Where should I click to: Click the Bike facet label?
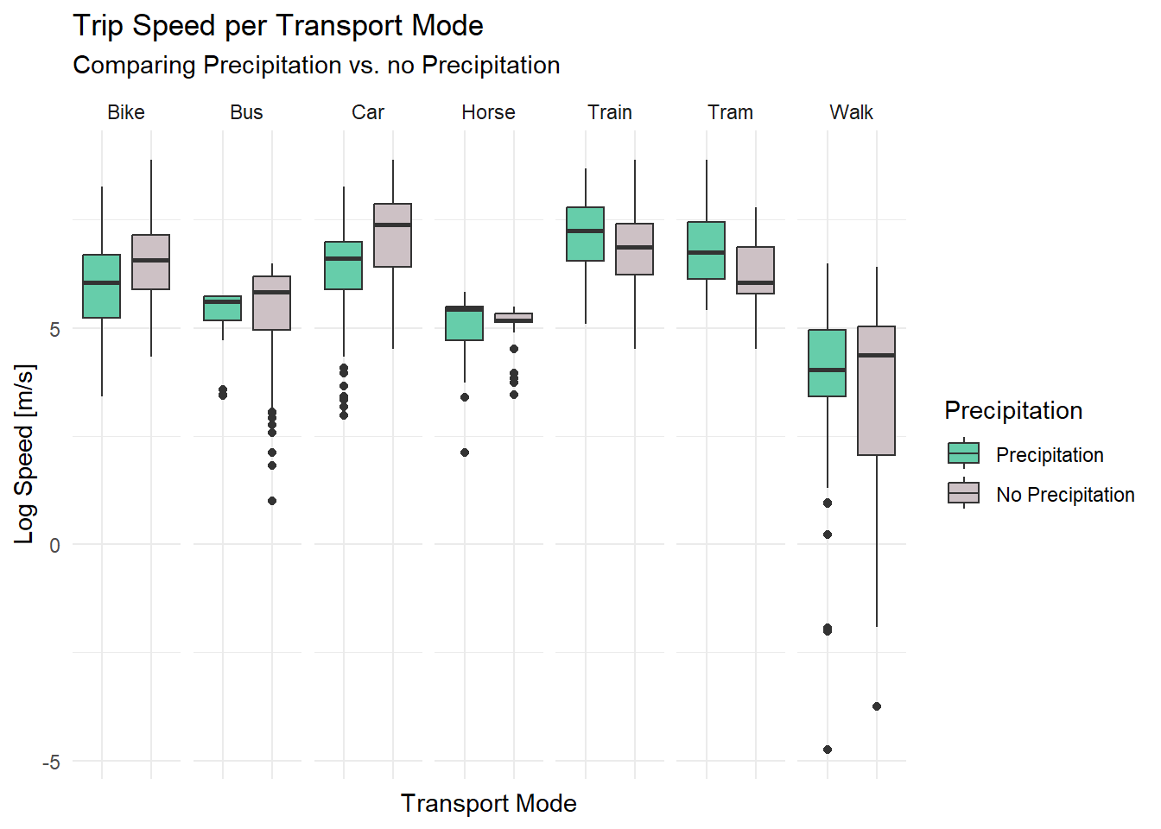pyautogui.click(x=126, y=112)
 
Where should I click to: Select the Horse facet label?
pyautogui.click(x=488, y=112)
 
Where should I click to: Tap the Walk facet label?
pyautogui.click(x=851, y=112)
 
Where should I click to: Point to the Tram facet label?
pyautogui.click(x=730, y=112)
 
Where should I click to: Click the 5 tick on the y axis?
pyautogui.click(x=54, y=329)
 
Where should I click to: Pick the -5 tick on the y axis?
pyautogui.click(x=51, y=762)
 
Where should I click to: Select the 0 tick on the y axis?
pyautogui.click(x=54, y=545)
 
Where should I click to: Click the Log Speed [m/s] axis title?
pyautogui.click(x=25, y=453)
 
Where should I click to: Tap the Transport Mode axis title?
pyautogui.click(x=488, y=803)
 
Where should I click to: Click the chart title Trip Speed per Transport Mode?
pyautogui.click(x=278, y=26)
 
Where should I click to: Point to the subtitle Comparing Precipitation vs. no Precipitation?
pyautogui.click(x=316, y=66)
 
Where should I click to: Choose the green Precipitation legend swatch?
pyautogui.click(x=964, y=454)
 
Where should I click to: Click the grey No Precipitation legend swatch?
pyautogui.click(x=964, y=494)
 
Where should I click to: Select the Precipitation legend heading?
pyautogui.click(x=1013, y=410)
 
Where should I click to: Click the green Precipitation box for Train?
pyautogui.click(x=586, y=234)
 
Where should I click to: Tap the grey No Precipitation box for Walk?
pyautogui.click(x=876, y=390)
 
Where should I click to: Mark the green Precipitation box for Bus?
pyautogui.click(x=223, y=308)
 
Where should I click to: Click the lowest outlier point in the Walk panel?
pyautogui.click(x=828, y=750)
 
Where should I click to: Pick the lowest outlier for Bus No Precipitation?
pyautogui.click(x=272, y=501)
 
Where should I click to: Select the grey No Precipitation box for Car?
pyautogui.click(x=392, y=235)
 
